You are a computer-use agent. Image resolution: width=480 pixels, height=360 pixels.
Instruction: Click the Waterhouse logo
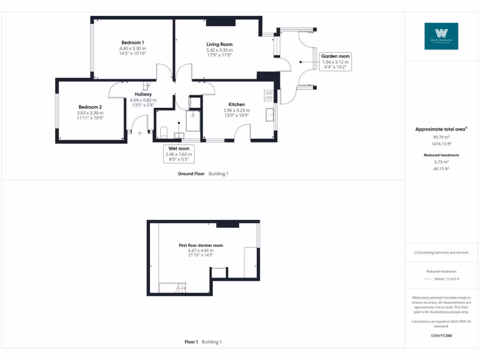pos(441,36)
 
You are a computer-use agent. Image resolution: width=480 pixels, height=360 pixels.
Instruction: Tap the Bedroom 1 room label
pos(133,43)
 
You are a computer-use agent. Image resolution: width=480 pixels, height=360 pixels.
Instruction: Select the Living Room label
pos(219,45)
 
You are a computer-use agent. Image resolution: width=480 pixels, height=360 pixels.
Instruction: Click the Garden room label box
pos(335,61)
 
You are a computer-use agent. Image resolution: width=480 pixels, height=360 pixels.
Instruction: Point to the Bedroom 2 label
pos(90,107)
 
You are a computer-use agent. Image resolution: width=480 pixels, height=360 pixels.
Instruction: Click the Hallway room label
pos(143,94)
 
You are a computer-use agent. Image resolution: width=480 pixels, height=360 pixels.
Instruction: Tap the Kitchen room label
pos(237,105)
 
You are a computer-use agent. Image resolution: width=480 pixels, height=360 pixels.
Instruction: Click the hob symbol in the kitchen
pos(269,96)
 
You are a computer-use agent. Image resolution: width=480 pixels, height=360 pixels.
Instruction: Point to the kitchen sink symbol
pos(270,115)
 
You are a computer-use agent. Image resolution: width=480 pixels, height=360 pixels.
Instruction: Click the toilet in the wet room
pos(164,131)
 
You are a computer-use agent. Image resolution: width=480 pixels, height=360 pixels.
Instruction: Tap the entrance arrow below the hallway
pos(139,134)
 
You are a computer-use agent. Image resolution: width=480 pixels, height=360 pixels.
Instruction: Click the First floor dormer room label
pos(201,245)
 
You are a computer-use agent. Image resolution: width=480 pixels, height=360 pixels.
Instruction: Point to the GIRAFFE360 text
pos(441,336)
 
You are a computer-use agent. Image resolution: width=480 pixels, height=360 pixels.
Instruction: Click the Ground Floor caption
pos(191,174)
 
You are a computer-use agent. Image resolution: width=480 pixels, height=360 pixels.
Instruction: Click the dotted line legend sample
pos(427,279)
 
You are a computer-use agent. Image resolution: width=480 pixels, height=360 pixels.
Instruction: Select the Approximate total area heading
pos(440,129)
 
